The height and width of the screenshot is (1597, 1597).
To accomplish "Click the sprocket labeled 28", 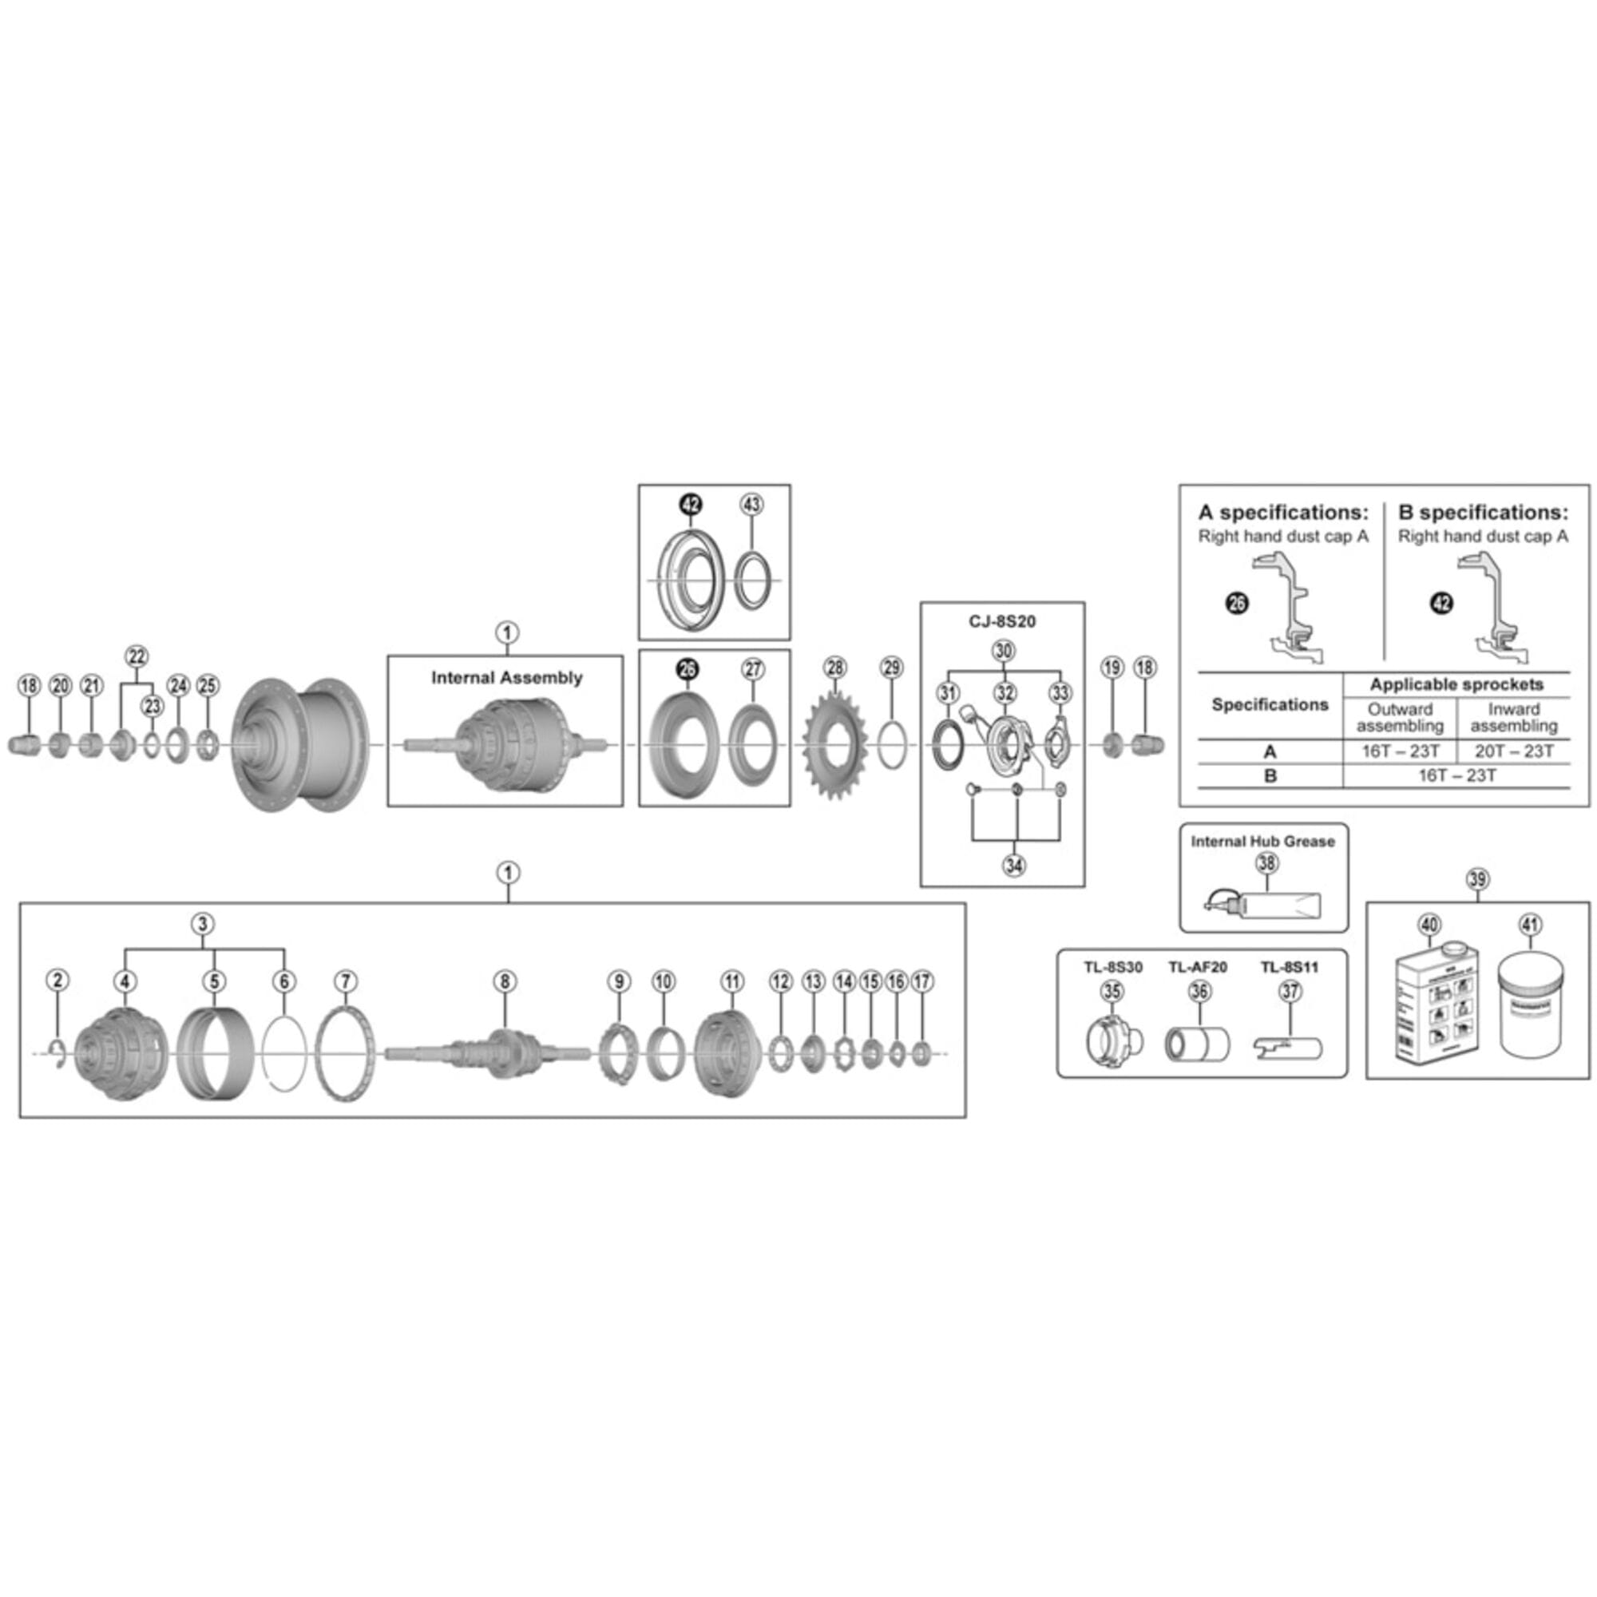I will [835, 747].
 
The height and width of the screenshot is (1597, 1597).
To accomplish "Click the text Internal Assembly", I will [506, 678].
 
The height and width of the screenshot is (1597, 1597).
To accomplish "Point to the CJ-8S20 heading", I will [1002, 621].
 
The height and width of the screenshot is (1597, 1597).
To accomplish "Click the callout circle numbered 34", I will [1014, 866].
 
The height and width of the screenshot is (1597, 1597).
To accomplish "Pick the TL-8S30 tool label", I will [1112, 966].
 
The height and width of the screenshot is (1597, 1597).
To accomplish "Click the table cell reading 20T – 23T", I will [1514, 751].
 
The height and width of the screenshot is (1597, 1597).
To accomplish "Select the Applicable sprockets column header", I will [1456, 684].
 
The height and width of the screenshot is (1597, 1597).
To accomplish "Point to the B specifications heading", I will [1483, 513].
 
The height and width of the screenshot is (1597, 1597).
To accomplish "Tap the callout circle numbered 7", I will [346, 981].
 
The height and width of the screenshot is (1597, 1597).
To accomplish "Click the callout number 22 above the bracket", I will [137, 656].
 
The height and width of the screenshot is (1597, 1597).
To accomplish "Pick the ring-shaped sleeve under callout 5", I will [214, 1052].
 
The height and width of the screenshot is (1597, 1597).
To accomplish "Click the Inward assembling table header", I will [1513, 718].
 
